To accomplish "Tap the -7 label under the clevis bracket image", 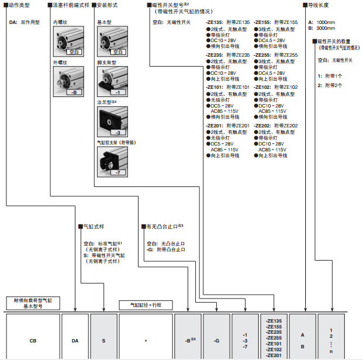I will (117, 174).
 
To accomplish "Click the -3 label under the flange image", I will (117, 133).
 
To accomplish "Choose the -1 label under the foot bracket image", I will (117, 92).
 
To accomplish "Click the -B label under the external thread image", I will (74, 92).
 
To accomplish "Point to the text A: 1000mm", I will (321, 22).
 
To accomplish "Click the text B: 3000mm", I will (321, 28).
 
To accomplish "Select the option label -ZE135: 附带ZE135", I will (227, 22).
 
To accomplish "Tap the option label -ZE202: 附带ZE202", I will (276, 126).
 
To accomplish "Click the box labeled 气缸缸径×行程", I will (144, 305).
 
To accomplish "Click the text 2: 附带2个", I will (330, 85).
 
